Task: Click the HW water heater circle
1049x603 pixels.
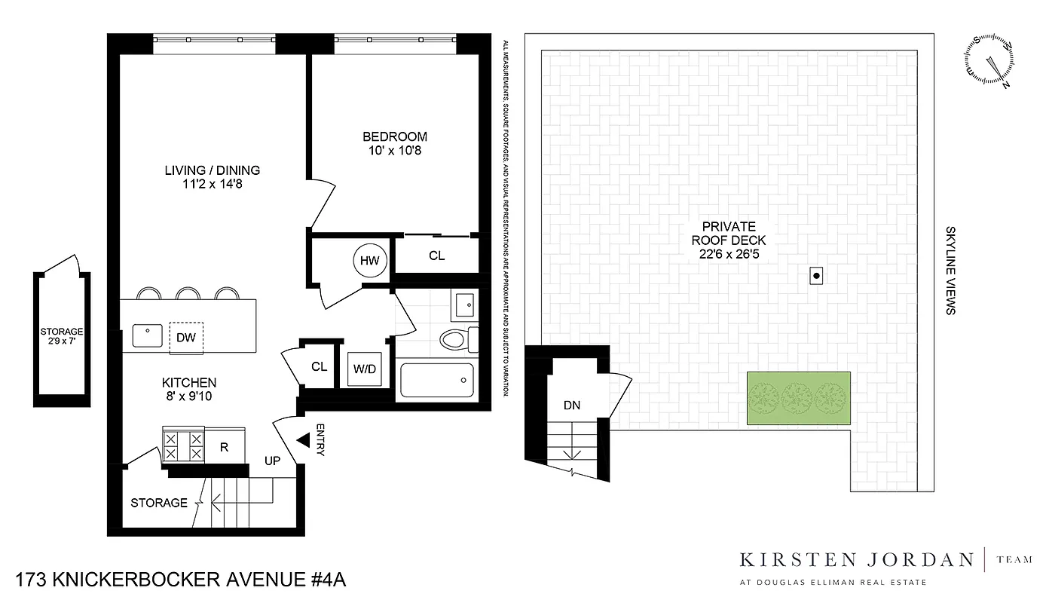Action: pyautogui.click(x=369, y=261)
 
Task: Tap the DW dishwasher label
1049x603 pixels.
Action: pyautogui.click(x=186, y=338)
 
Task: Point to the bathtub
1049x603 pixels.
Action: pyautogui.click(x=437, y=381)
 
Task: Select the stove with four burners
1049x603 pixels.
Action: pyautogui.click(x=183, y=444)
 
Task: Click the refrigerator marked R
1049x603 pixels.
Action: pyautogui.click(x=225, y=446)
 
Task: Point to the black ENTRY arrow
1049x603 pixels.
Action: pyautogui.click(x=304, y=440)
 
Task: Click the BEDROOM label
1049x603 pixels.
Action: pyautogui.click(x=395, y=136)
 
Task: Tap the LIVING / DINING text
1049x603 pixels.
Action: pyautogui.click(x=213, y=170)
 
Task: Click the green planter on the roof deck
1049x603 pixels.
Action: pyautogui.click(x=798, y=397)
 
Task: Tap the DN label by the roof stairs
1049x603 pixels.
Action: pyautogui.click(x=572, y=406)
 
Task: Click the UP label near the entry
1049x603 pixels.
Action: pyautogui.click(x=272, y=461)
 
